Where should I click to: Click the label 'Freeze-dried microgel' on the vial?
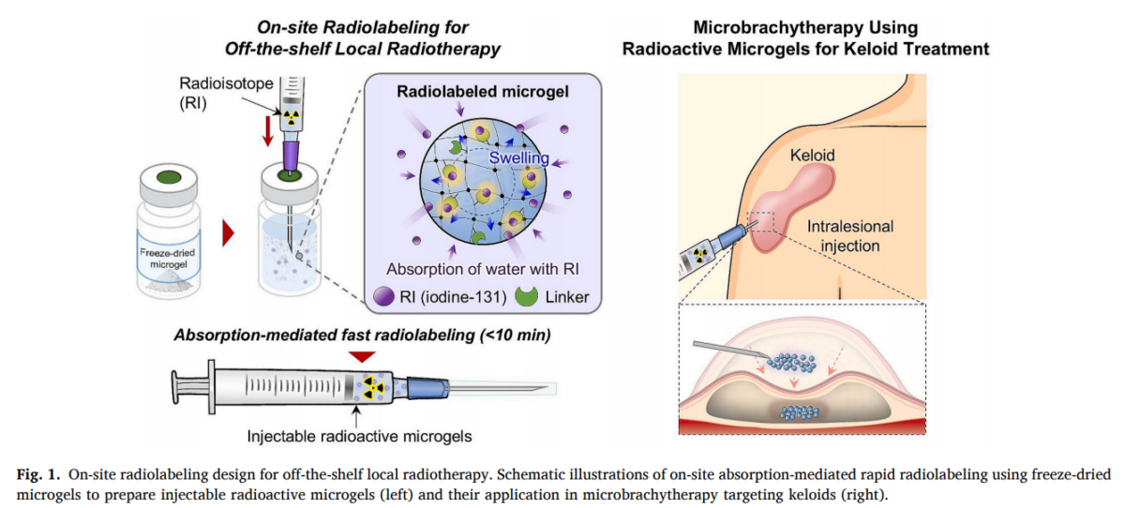tap(168, 259)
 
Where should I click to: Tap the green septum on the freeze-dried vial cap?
tap(169, 177)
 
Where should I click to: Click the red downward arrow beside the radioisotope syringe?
tap(268, 131)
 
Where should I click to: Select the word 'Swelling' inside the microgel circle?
tap(518, 157)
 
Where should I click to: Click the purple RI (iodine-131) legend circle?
tap(384, 297)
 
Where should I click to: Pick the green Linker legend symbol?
tap(526, 296)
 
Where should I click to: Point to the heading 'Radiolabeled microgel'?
tap(483, 91)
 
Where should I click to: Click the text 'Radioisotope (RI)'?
tap(226, 93)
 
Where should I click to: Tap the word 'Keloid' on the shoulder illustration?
tap(812, 155)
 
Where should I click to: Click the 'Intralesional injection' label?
tap(850, 236)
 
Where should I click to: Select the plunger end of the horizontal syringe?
tap(175, 387)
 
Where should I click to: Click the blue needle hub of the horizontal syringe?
tap(427, 388)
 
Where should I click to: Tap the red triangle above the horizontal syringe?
tap(362, 356)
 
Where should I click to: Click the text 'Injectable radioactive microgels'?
tap(359, 436)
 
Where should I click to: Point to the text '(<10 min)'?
tap(516, 335)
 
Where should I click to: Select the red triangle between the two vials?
tap(229, 233)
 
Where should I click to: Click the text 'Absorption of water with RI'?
tap(482, 269)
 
